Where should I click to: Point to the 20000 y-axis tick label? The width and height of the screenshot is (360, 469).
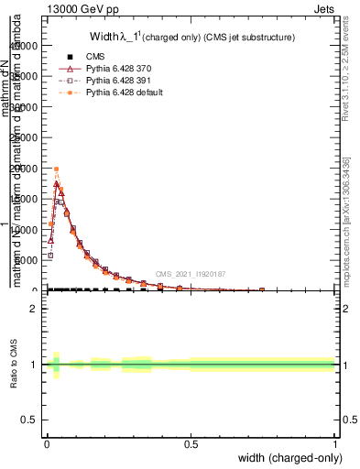point(25,169)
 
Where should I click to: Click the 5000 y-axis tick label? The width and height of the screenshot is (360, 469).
point(27,260)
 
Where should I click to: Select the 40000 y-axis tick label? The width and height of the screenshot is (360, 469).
point(25,47)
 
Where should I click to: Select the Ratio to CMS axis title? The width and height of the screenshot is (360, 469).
point(16,364)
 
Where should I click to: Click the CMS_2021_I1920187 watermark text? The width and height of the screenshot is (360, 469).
point(190,274)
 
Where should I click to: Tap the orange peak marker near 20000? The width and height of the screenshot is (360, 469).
point(56,169)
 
